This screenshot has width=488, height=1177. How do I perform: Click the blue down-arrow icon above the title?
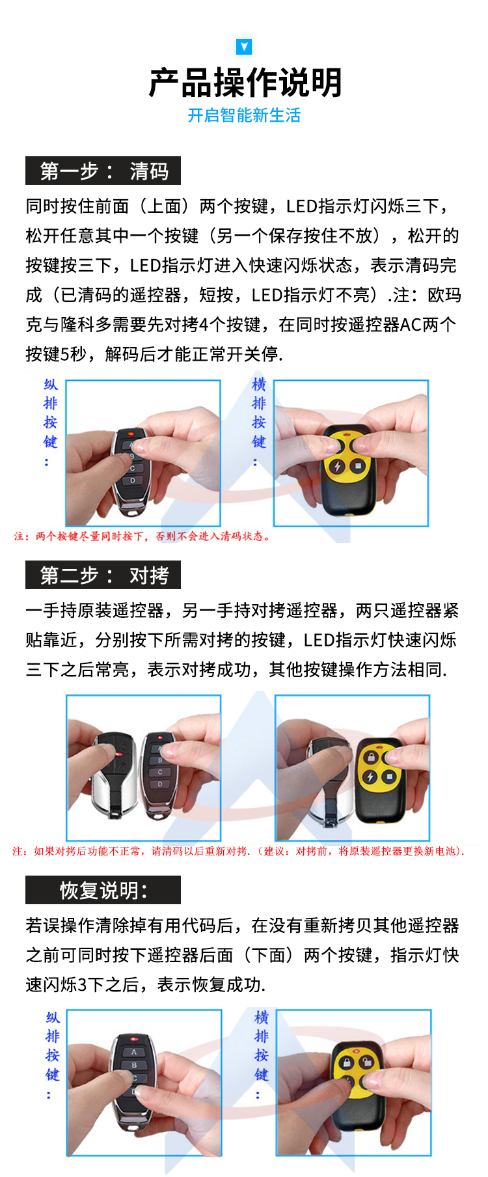[x=244, y=46]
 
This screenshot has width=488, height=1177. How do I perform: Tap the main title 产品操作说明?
[x=245, y=83]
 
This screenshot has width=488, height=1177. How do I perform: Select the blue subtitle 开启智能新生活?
[x=244, y=116]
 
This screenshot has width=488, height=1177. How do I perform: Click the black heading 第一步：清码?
[x=103, y=171]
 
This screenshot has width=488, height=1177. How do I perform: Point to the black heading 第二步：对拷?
[x=103, y=575]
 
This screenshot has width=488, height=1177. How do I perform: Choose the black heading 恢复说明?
[x=103, y=890]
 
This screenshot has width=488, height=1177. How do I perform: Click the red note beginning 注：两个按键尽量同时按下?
[x=142, y=536]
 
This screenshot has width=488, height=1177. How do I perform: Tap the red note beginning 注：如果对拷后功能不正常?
[x=238, y=851]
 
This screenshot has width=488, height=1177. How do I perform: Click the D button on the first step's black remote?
[x=133, y=481]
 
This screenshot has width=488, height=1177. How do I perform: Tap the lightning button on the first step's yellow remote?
[x=337, y=466]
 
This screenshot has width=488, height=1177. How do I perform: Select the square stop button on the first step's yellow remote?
[x=358, y=465]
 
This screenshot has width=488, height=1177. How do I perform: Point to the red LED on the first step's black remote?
[x=131, y=432]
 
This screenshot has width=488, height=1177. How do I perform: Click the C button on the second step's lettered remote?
[x=160, y=772]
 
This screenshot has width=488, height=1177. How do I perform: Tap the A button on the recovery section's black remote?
[x=134, y=1052]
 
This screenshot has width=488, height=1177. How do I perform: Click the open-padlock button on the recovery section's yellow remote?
[x=368, y=1063]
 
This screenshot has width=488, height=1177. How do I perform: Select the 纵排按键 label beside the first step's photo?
[x=50, y=422]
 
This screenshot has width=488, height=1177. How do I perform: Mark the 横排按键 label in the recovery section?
[x=261, y=1055]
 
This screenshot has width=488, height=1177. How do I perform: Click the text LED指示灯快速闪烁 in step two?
[x=380, y=640]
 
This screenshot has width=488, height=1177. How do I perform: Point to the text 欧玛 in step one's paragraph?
[x=444, y=295]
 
